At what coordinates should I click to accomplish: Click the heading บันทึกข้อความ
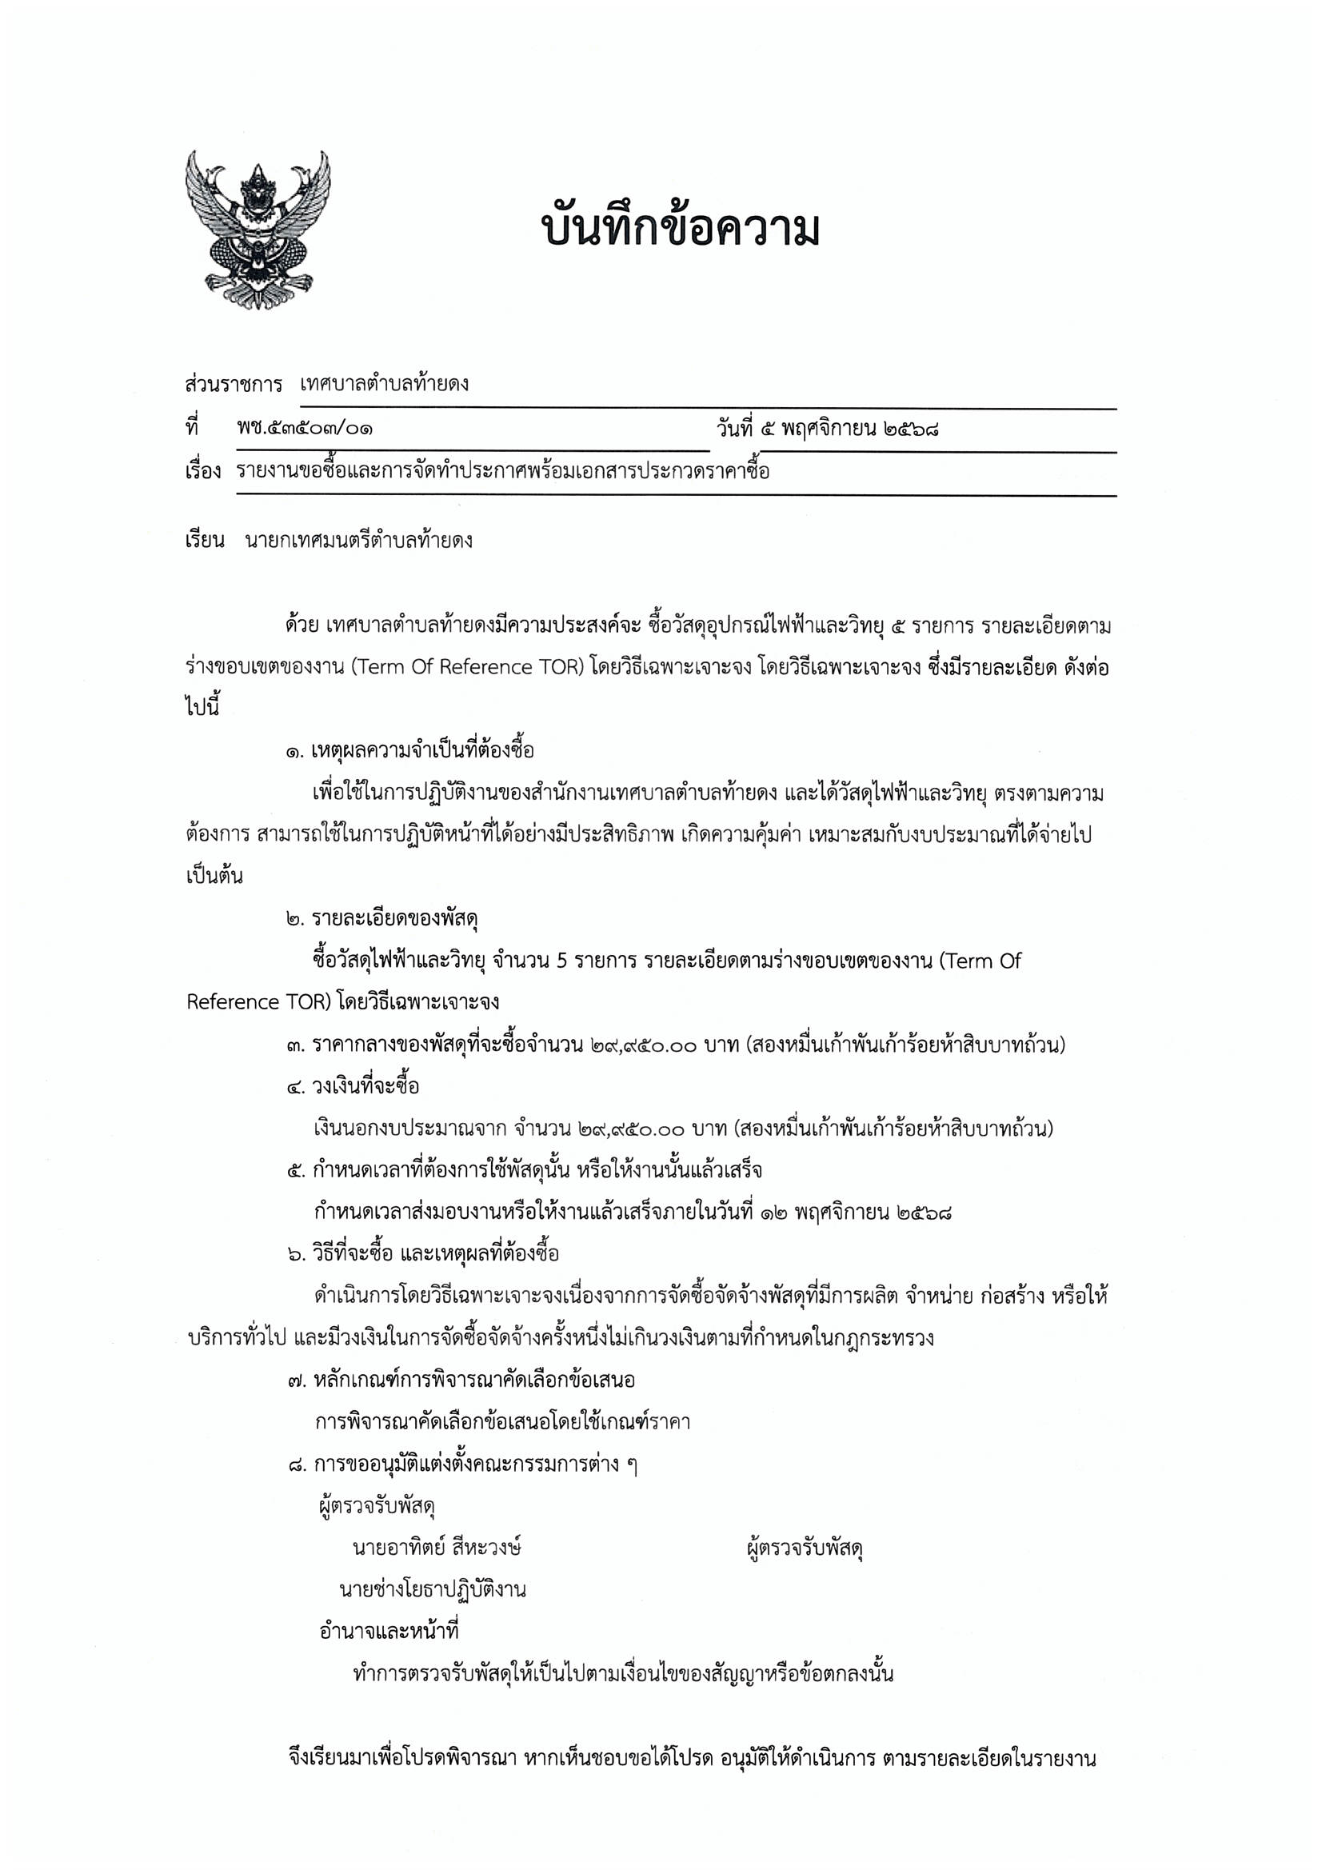680,230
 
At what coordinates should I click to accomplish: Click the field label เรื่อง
203,472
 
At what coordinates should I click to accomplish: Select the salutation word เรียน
205,541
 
